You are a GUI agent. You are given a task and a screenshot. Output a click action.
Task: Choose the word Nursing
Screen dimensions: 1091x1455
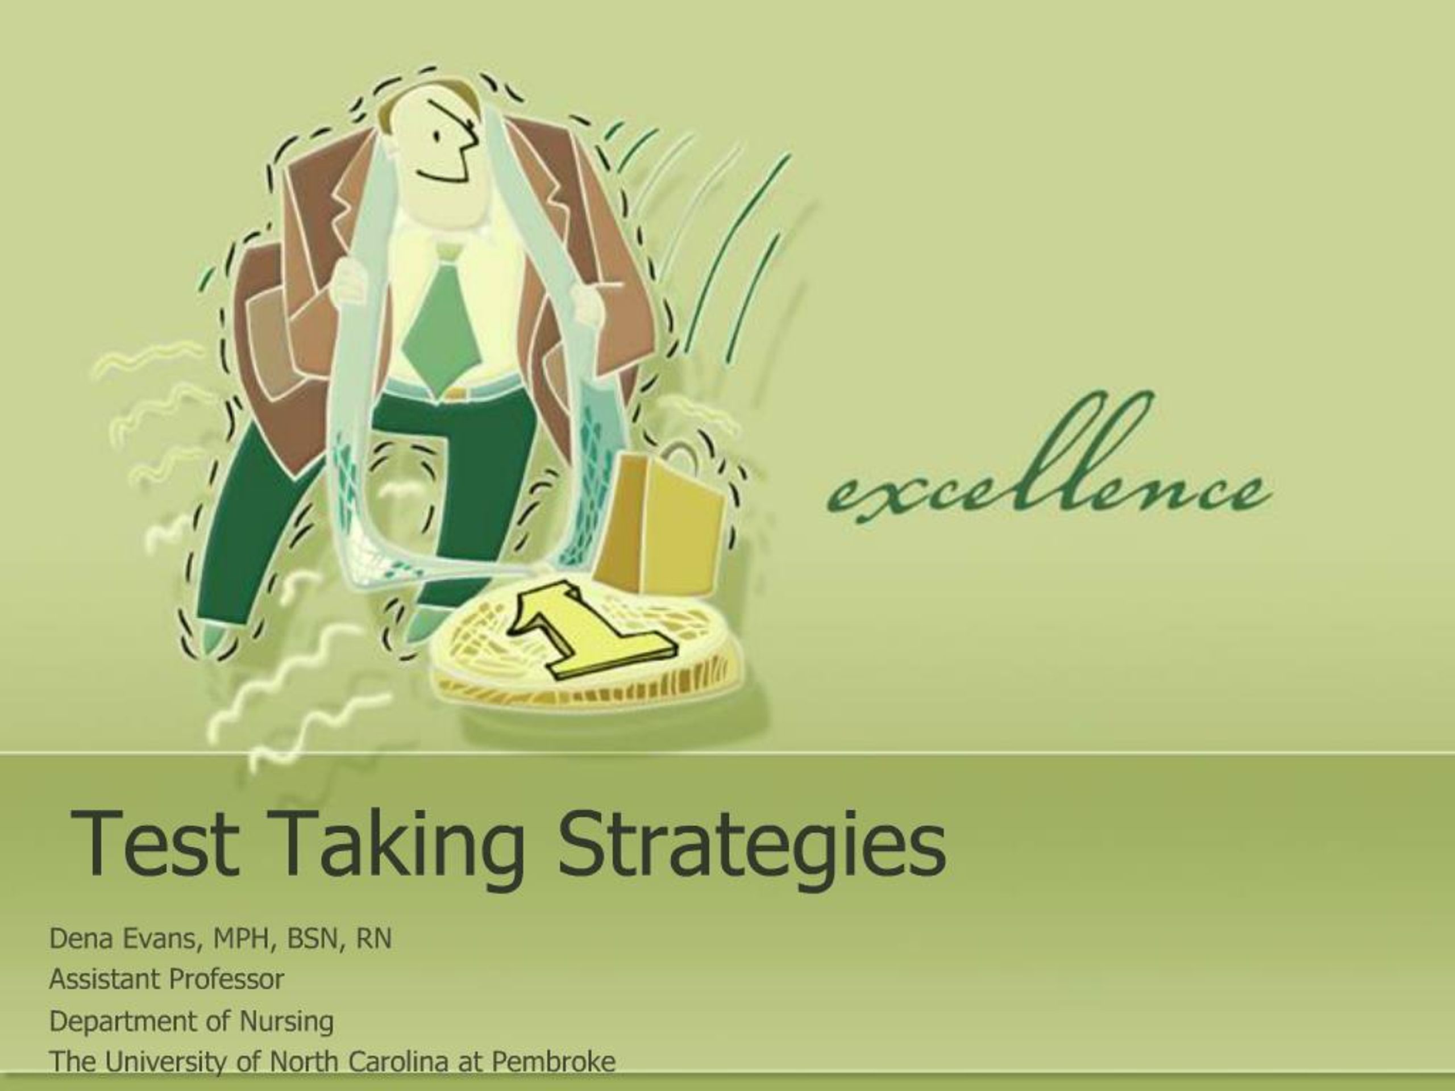[x=286, y=1021]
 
